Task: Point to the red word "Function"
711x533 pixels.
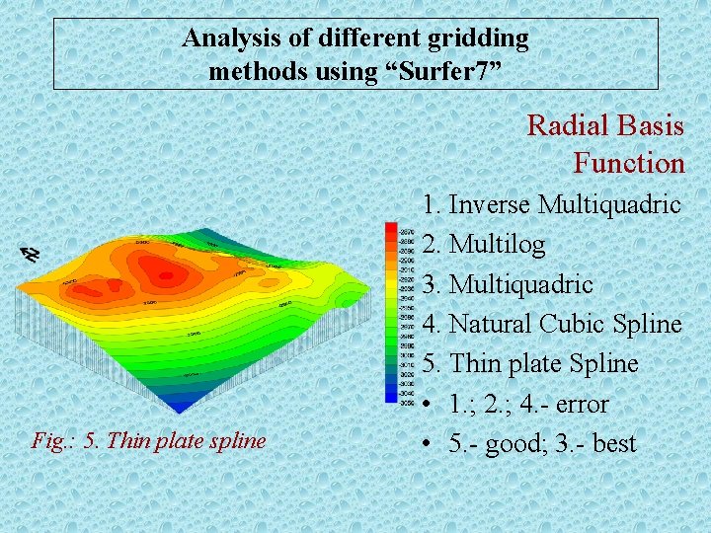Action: pyautogui.click(x=628, y=163)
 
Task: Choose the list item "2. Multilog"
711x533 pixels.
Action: pyautogui.click(x=484, y=244)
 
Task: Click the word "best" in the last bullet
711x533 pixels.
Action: pyautogui.click(x=614, y=443)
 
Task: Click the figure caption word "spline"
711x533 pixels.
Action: pyautogui.click(x=237, y=440)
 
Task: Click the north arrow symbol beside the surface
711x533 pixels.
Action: pyautogui.click(x=32, y=254)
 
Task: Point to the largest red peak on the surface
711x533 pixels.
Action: pyautogui.click(x=158, y=270)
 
